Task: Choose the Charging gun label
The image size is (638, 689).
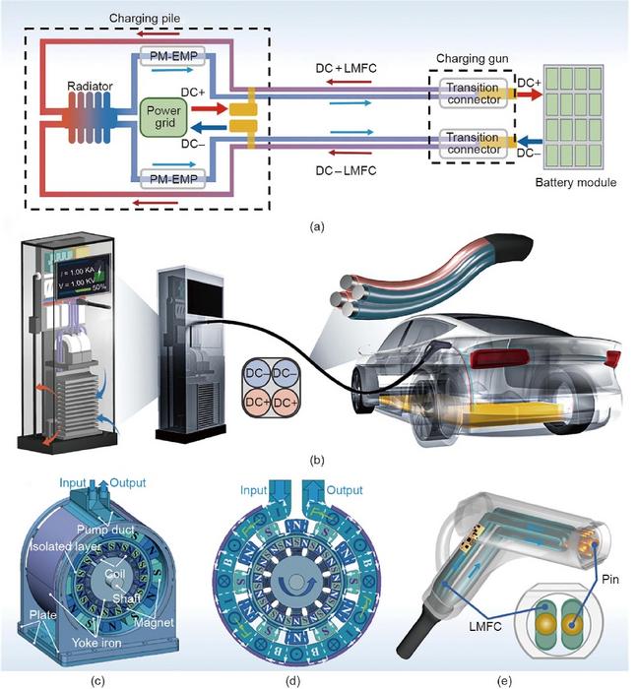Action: coord(470,58)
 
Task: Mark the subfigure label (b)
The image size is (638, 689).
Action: coord(316,459)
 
